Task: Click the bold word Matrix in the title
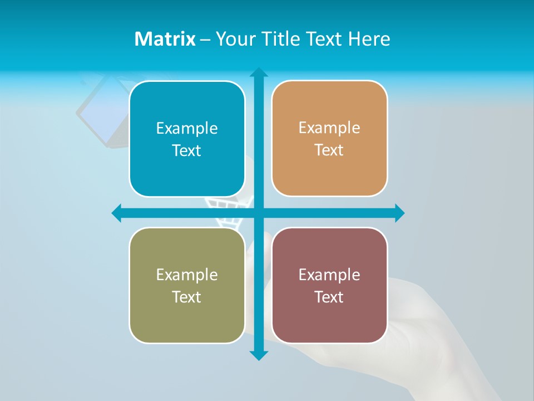pos(165,39)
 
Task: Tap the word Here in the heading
pos(369,39)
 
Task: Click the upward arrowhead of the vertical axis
pos(259,72)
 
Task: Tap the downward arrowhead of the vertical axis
pos(259,355)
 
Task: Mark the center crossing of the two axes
pos(259,213)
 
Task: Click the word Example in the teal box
pos(187,128)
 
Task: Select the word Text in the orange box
pos(329,150)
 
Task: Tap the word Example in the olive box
pos(187,275)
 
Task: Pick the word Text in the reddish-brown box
pos(329,297)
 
